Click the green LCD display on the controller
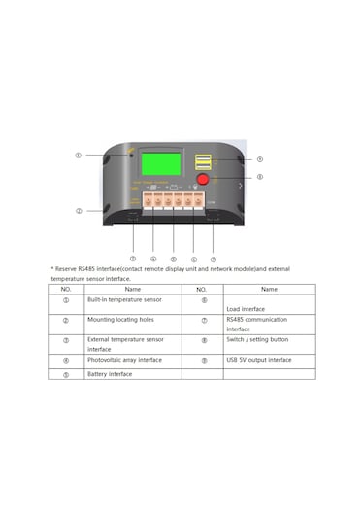[x=161, y=164]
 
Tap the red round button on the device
[x=204, y=179]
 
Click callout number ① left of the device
[x=79, y=156]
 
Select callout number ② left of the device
[x=79, y=211]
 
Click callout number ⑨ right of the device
[x=259, y=159]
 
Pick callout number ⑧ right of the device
[x=259, y=177]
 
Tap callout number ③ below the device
[x=133, y=259]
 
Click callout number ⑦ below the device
[x=213, y=259]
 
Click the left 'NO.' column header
[x=66, y=289]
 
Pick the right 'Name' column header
[x=269, y=289]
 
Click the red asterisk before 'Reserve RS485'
[x=52, y=269]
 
